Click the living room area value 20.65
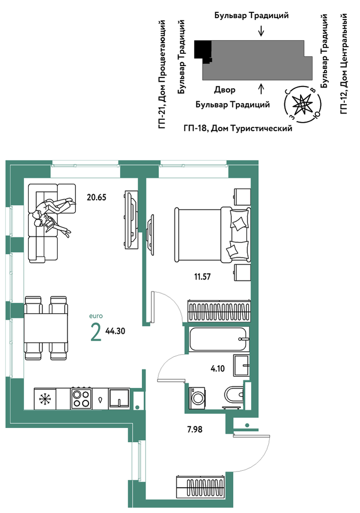97,197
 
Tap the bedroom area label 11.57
202,277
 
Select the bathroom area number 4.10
218,369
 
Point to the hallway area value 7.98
195,429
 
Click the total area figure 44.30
115,331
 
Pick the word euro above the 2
96,316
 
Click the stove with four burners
81,398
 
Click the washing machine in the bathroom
197,397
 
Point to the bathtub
218,339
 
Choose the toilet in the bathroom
234,395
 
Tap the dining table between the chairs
46,328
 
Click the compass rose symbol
303,104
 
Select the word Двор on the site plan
225,90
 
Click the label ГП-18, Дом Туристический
238,128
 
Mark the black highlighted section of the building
202,51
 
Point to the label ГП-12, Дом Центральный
344,64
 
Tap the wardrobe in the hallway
201,487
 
